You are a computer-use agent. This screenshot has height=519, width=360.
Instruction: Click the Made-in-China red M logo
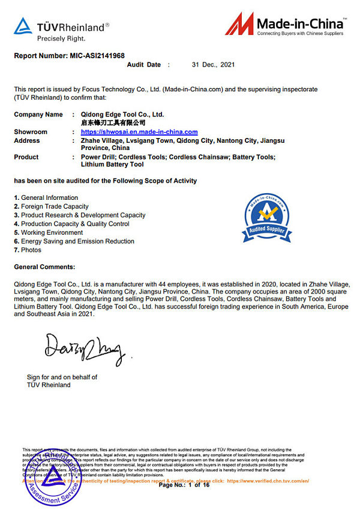240,24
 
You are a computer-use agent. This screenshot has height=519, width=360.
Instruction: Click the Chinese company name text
113,122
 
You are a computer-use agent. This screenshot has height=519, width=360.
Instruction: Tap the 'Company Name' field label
38,114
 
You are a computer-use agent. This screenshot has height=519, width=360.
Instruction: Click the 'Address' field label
27,140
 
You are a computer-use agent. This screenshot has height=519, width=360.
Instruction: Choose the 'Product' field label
26,157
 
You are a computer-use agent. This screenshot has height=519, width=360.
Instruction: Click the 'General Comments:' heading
44,266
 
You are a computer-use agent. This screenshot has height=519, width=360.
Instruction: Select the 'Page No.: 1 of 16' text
184,485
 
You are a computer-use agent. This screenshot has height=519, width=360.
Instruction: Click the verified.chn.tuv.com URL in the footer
268,481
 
